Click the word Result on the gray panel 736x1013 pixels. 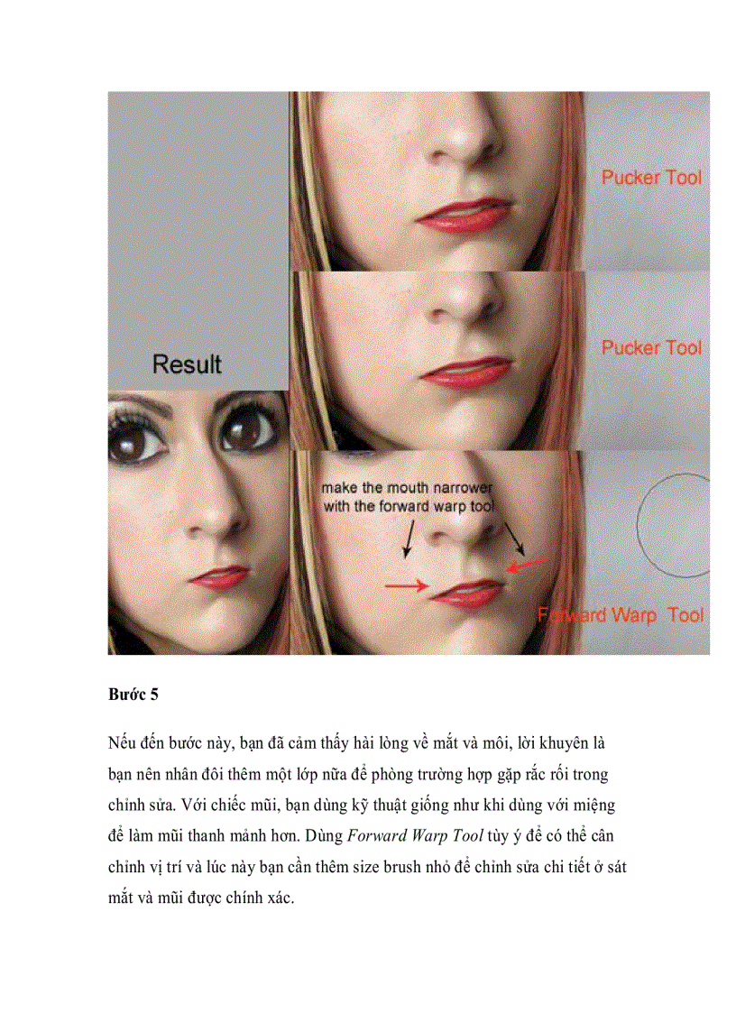187,364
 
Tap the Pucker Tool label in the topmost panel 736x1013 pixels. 651,178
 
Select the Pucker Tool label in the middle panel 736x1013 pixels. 651,347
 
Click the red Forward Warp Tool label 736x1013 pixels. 621,615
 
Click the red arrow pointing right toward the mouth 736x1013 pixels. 407,586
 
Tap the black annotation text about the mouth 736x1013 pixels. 408,497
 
